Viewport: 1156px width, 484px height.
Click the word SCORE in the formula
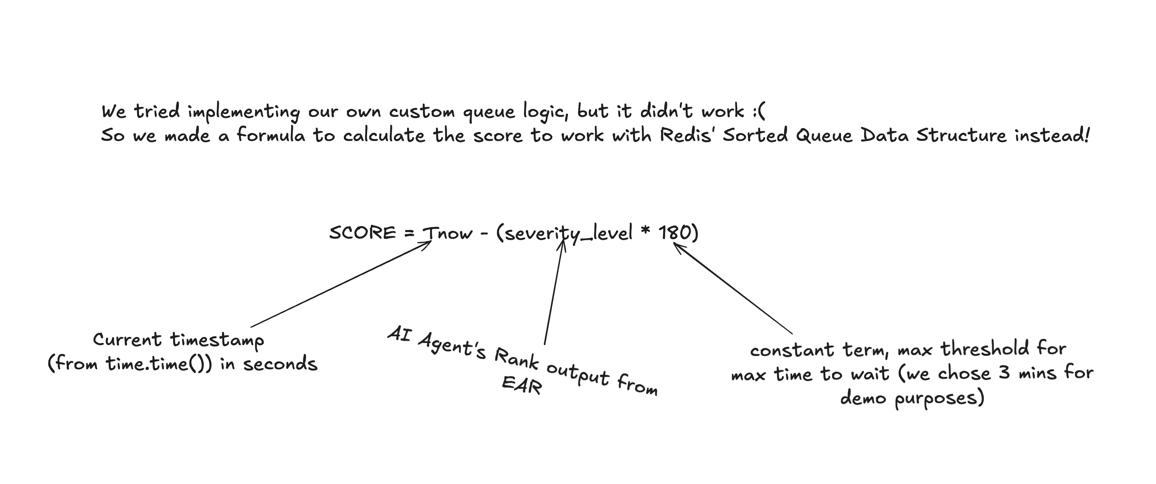[362, 233]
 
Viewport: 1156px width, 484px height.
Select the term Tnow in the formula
[448, 233]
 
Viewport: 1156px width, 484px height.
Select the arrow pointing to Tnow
[341, 284]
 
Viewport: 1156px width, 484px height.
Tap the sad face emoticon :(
[759, 111]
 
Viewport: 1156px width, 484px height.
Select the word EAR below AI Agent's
[521, 384]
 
